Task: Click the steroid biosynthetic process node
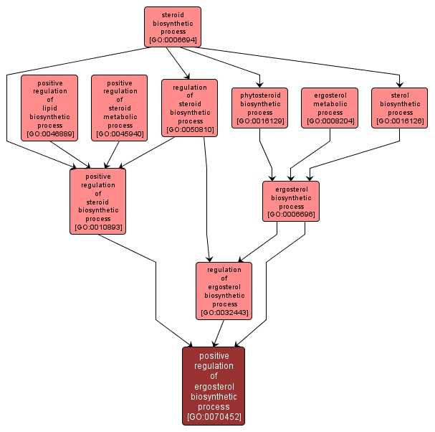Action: [x=172, y=27]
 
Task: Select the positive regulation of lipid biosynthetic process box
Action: [x=49, y=108]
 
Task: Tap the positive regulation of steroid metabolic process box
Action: [x=119, y=108]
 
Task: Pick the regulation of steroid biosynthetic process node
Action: [x=189, y=108]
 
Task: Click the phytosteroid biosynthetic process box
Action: [x=259, y=108]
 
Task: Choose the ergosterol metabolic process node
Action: [x=330, y=108]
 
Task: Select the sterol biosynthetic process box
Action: [x=400, y=108]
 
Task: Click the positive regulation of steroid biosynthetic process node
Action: [x=97, y=200]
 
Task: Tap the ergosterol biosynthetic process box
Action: [x=291, y=200]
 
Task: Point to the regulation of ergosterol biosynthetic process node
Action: [x=224, y=291]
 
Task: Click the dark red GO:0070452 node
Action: [x=214, y=386]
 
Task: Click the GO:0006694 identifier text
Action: [x=173, y=41]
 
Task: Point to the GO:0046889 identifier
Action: [x=49, y=134]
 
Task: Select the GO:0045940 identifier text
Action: [x=119, y=134]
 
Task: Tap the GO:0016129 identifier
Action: [x=259, y=122]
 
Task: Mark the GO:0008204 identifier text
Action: [x=330, y=122]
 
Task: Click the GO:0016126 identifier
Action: [x=400, y=122]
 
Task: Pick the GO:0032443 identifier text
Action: [x=224, y=313]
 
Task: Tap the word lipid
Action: [x=49, y=108]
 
